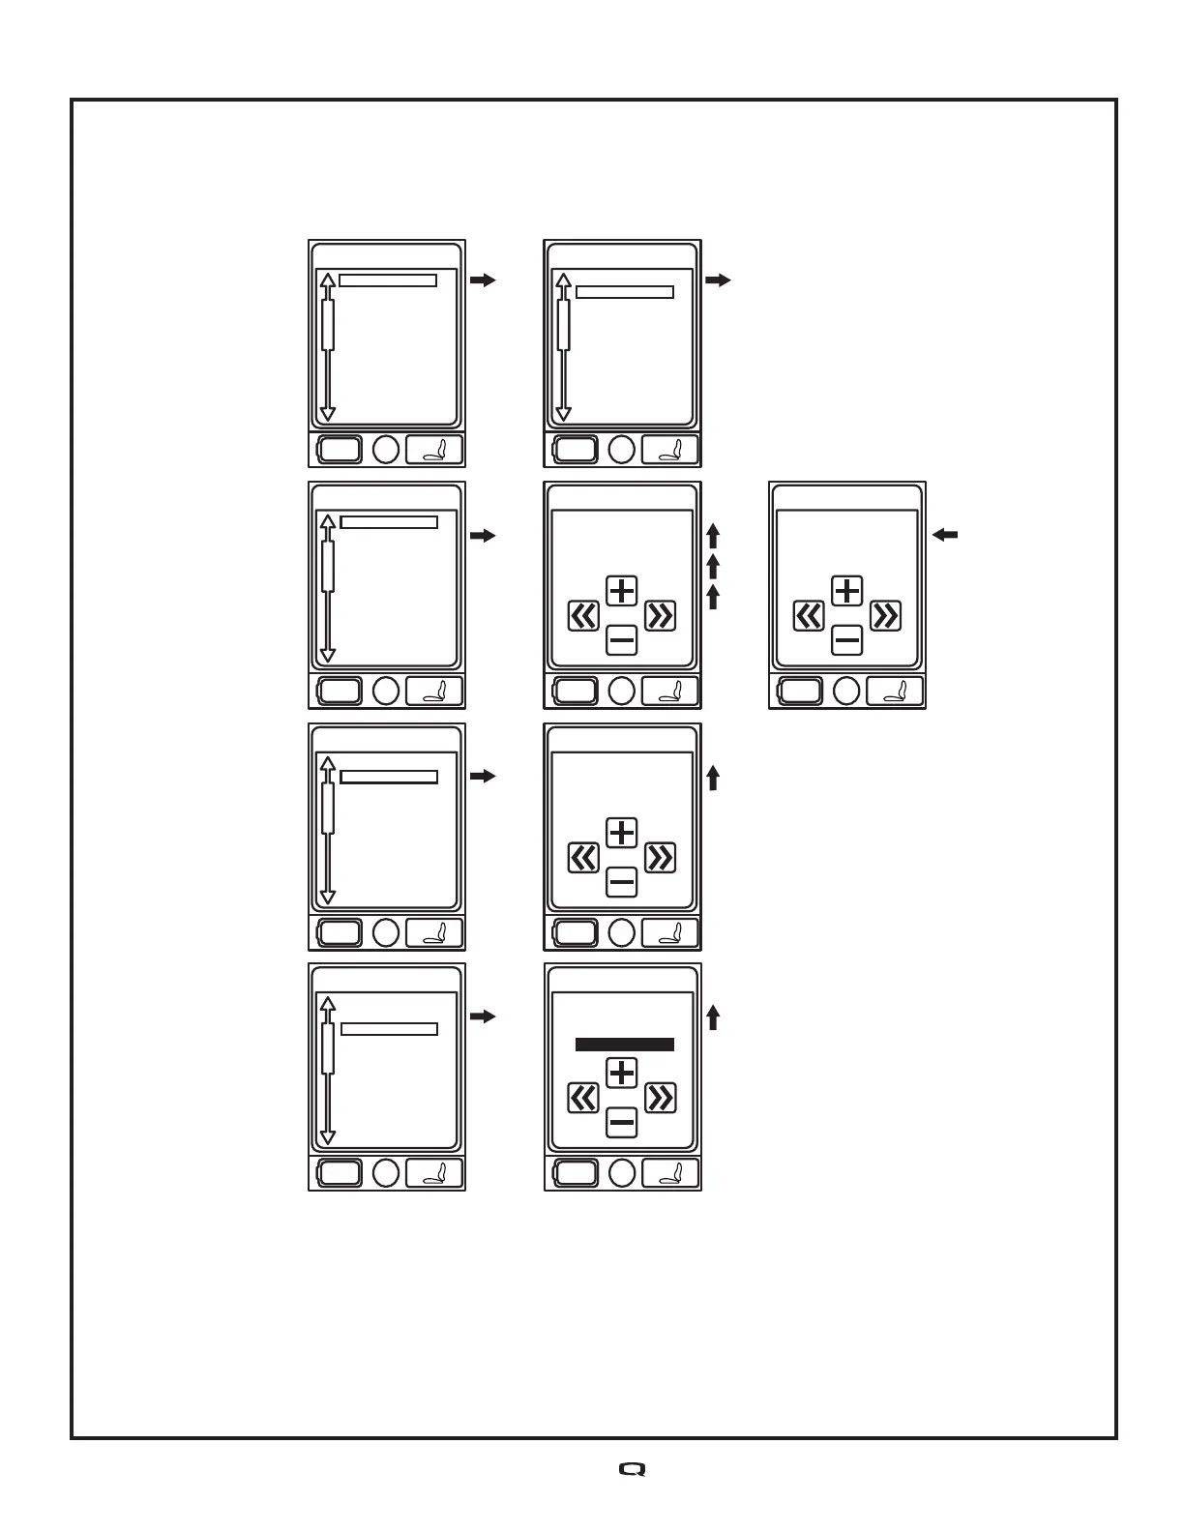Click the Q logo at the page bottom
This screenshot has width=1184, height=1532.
pos(632,1469)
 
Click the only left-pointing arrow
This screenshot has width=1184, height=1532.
pos(945,534)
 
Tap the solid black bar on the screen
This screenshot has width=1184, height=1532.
pos(624,1045)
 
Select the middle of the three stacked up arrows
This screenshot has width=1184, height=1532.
pos(713,566)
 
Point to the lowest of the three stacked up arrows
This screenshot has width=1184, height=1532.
pos(713,597)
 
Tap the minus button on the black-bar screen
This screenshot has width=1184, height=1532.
pos(621,1123)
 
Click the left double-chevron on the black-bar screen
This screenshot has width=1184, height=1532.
pos(582,1098)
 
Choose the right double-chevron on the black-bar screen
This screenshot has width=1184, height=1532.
pos(660,1098)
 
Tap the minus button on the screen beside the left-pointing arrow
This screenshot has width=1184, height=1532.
pos(846,639)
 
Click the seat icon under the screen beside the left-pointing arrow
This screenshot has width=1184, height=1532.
pos(895,691)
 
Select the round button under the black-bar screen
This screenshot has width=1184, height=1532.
pos(622,1173)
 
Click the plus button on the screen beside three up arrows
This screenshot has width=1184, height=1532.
pos(621,590)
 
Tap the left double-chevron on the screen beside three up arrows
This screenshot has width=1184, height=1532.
pos(582,615)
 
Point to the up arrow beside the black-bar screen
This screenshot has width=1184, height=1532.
pos(713,1017)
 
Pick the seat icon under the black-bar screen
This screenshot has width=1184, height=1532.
pos(670,1173)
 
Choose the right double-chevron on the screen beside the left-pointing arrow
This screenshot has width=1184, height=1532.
pos(885,615)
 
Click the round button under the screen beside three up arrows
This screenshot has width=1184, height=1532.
pos(622,691)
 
